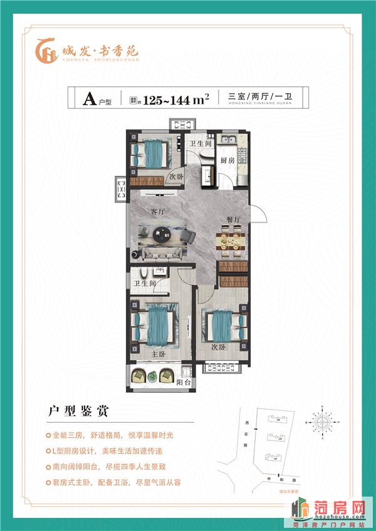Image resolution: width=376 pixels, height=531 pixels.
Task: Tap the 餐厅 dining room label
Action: tap(226, 219)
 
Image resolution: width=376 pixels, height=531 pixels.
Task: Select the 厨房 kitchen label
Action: tap(227, 160)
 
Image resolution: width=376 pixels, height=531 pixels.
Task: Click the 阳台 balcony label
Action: tap(183, 381)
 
